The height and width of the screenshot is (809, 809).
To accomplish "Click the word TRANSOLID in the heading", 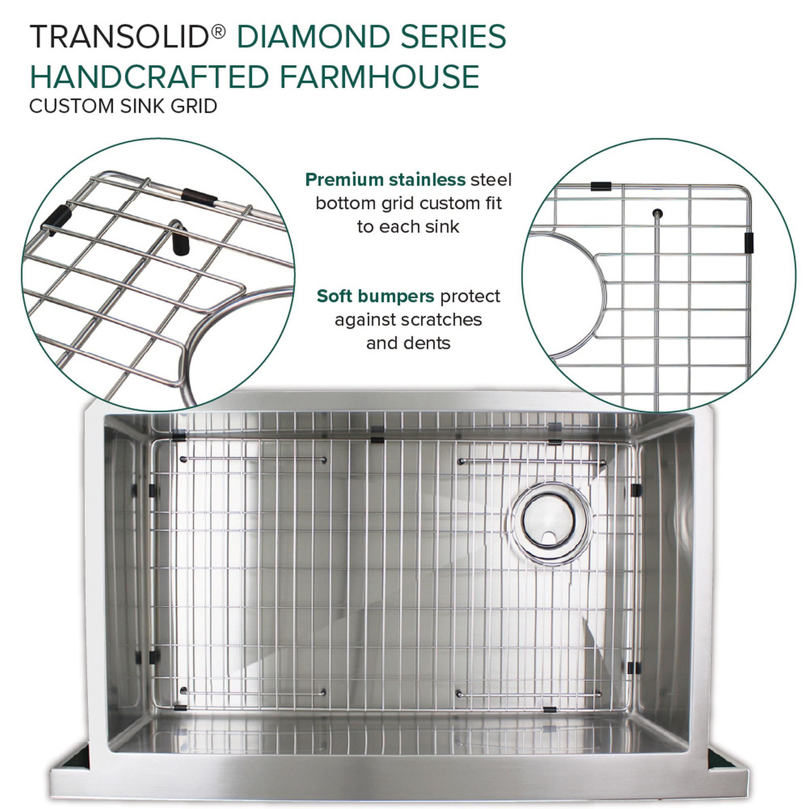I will [119, 37].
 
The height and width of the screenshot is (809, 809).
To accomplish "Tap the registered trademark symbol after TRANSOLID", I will [217, 31].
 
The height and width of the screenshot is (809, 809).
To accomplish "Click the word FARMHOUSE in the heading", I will [379, 76].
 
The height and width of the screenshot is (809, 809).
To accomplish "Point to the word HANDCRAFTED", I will [150, 76].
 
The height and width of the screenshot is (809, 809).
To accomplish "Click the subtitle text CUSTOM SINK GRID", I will [123, 106].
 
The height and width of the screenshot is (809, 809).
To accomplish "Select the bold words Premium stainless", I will [385, 180].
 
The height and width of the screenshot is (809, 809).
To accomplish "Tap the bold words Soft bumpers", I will [375, 296].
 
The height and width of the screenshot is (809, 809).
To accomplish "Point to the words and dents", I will [408, 343].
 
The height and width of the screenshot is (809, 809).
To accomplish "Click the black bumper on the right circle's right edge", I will [748, 242].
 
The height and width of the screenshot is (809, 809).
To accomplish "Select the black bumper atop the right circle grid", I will [600, 186].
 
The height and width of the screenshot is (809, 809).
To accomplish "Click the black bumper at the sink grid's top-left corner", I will [179, 436].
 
